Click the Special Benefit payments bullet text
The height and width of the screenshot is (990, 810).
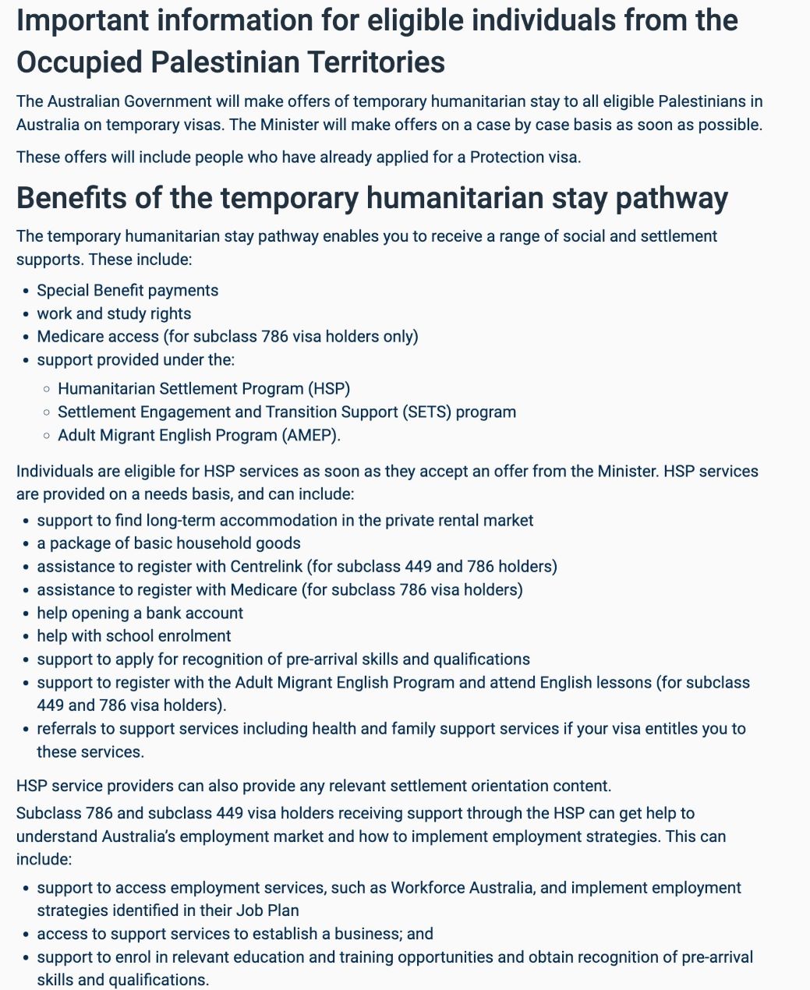tap(128, 290)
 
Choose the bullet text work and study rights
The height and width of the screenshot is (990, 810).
tap(114, 313)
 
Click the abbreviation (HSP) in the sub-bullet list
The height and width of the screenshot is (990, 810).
tap(330, 388)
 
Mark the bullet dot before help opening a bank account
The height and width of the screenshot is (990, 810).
tap(27, 613)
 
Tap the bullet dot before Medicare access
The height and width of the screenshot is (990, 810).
tap(27, 337)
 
